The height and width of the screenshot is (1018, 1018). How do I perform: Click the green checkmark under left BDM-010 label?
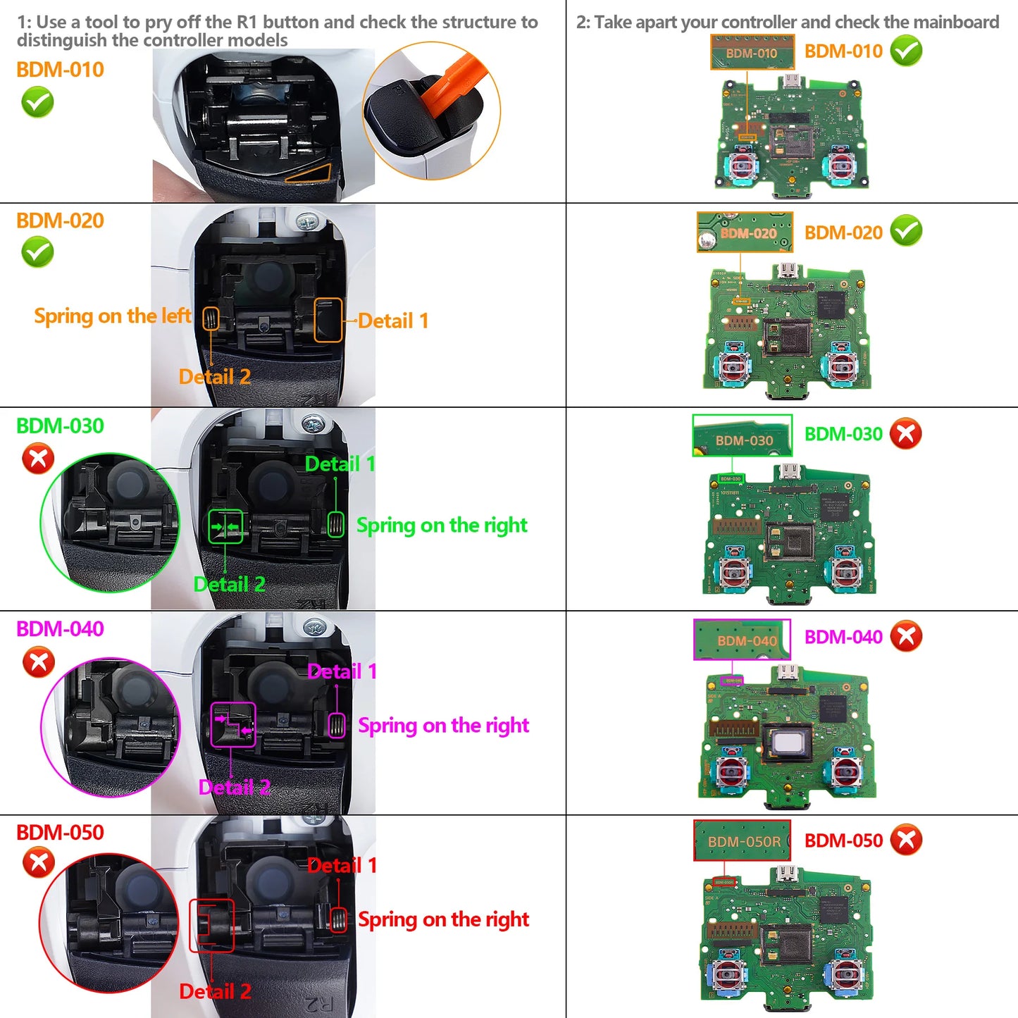(37, 103)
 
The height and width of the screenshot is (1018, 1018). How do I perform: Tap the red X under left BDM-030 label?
(38, 459)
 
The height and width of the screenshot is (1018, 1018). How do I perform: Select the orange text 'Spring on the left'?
(112, 316)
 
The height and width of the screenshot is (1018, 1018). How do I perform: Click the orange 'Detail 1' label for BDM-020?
(393, 321)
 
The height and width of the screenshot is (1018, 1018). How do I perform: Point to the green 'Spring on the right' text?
(442, 526)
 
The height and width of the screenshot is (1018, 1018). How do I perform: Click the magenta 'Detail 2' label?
(234, 788)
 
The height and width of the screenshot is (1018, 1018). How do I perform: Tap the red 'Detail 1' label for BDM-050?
(342, 866)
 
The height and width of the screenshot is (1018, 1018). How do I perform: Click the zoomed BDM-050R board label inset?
(743, 840)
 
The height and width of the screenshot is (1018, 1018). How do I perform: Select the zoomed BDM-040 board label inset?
(743, 640)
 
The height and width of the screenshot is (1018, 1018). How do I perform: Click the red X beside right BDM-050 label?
(906, 840)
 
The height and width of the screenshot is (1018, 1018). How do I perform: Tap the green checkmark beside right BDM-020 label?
(906, 231)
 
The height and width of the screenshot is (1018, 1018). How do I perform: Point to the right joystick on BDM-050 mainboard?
(844, 976)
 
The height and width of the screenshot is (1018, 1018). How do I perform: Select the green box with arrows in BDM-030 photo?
(225, 527)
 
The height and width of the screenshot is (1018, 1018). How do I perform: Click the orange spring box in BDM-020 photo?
(211, 319)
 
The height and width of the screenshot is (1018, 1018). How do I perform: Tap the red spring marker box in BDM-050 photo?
(339, 919)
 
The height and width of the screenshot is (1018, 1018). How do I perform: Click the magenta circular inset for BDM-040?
(111, 727)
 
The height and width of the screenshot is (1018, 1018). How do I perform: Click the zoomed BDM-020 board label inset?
(745, 232)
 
